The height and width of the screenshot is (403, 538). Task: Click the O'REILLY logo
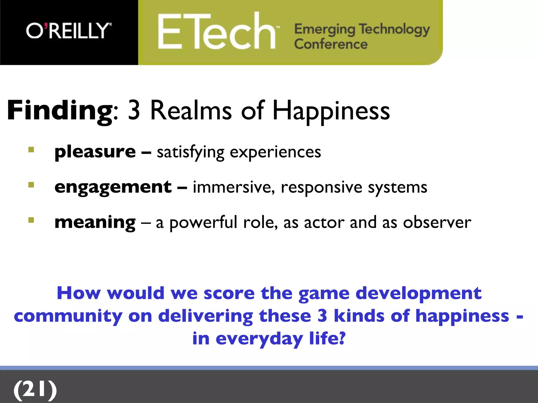69,31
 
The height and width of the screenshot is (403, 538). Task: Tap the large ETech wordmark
217,32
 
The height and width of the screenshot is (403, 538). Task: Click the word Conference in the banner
331,44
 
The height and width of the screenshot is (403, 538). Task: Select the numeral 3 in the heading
134,111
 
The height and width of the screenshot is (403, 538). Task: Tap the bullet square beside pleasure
31,150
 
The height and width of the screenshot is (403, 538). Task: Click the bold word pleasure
95,152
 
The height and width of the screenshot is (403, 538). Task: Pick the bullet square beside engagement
31,185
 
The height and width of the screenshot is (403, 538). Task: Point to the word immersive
234,187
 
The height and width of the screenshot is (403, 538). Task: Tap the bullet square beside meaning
31,220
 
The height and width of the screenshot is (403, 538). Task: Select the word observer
437,222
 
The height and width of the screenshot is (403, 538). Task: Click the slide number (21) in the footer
35,389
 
